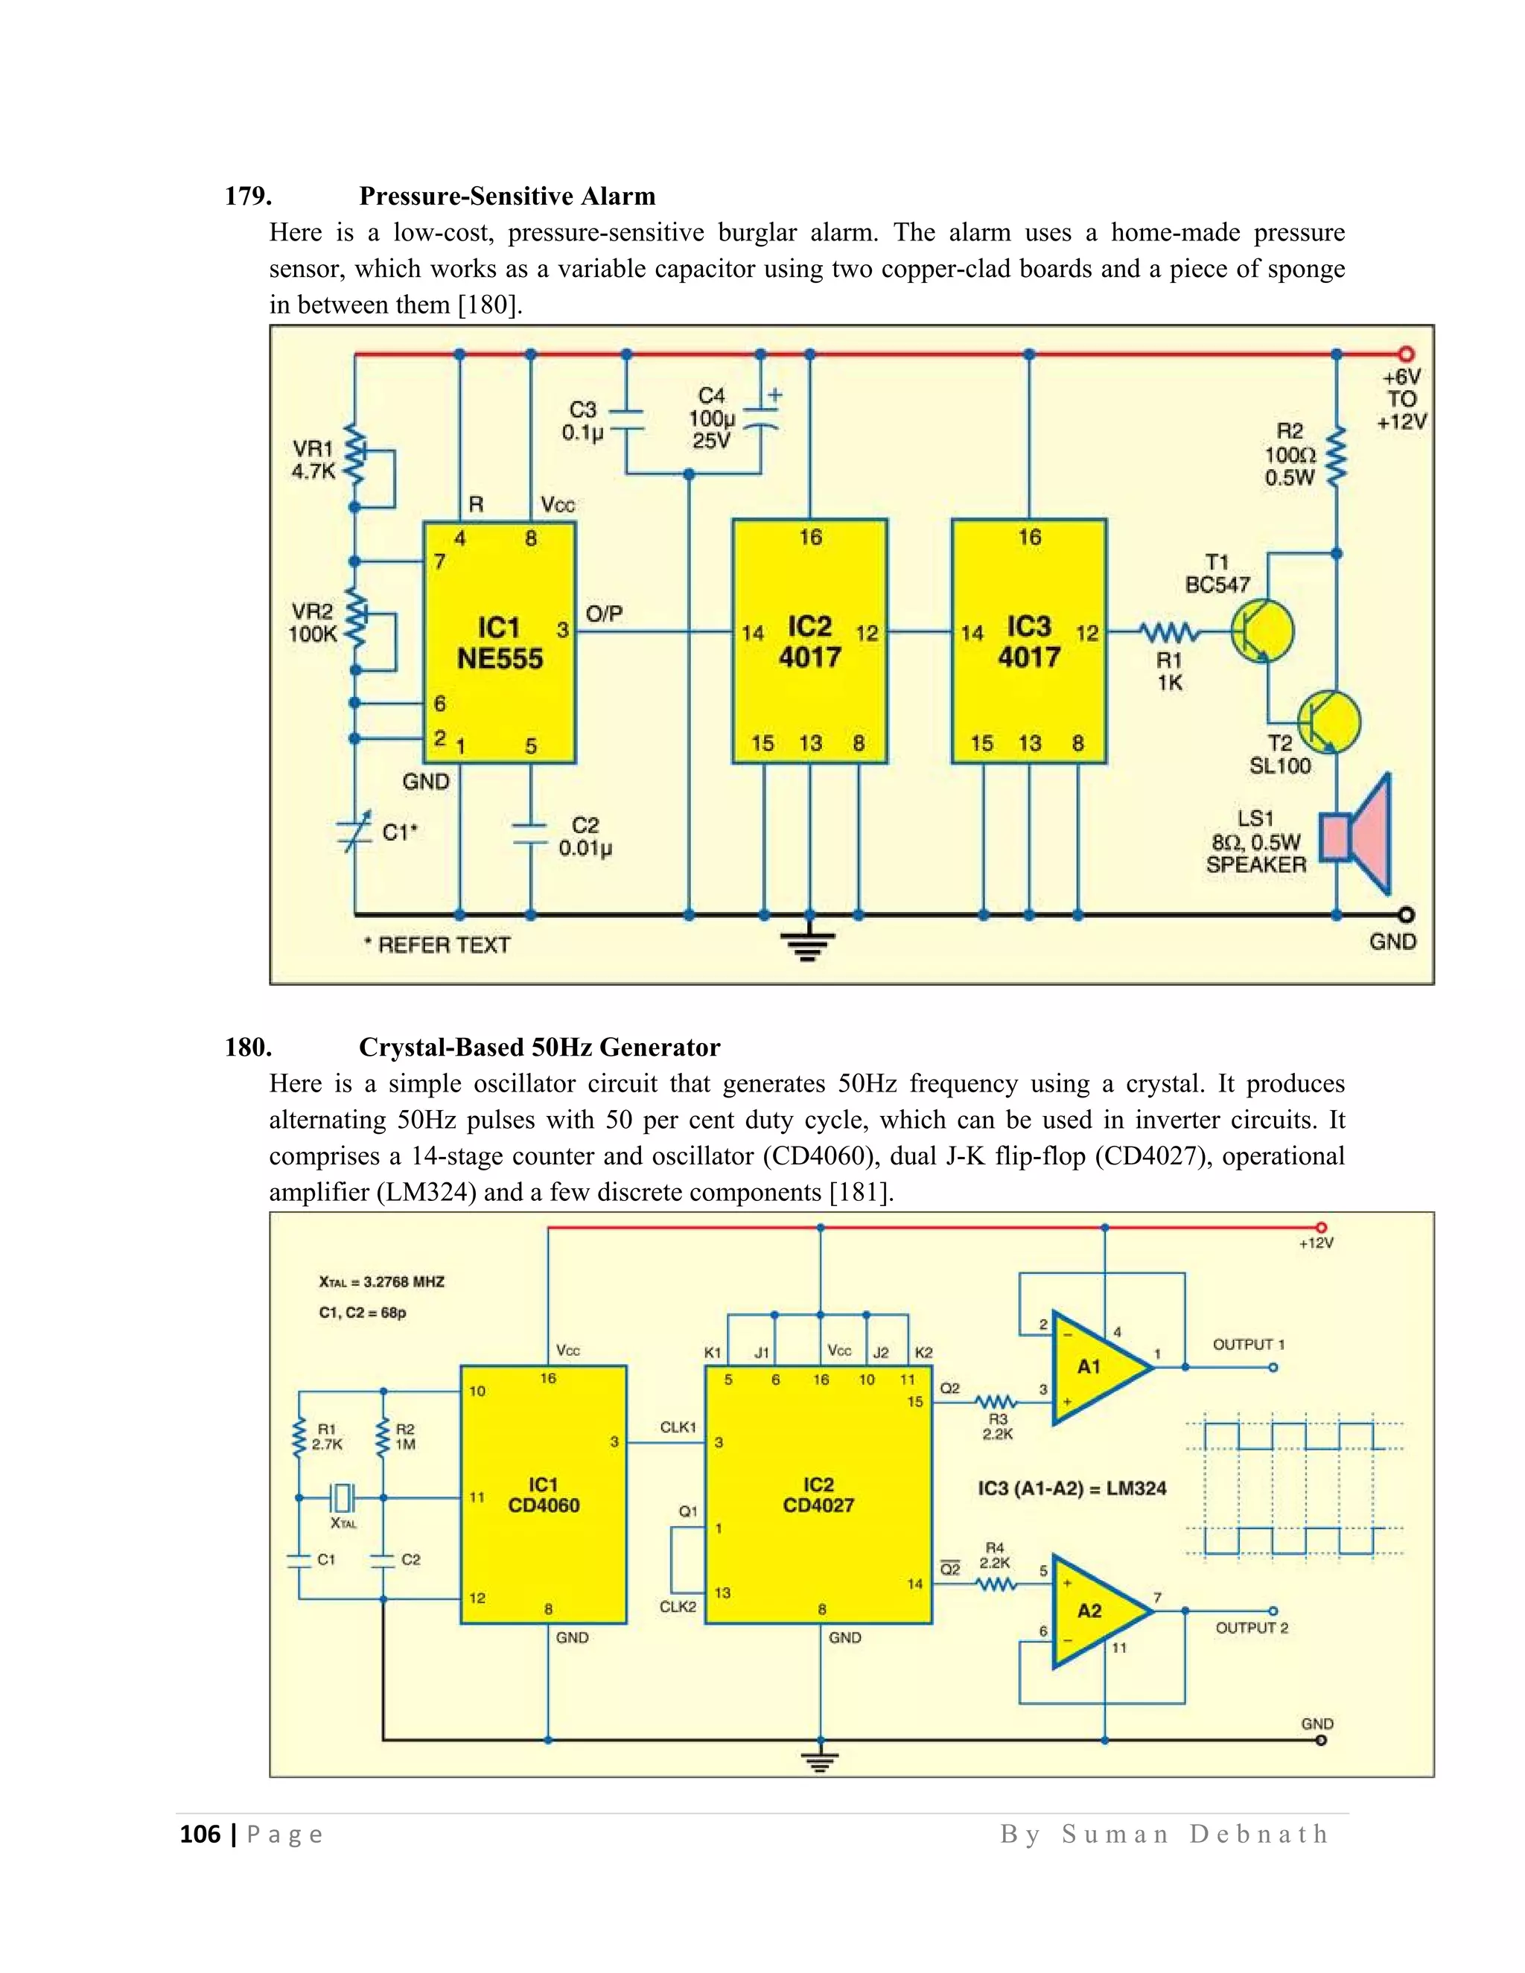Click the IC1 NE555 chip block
click(499, 643)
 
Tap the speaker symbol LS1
click(1355, 835)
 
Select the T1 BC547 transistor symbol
click(1262, 630)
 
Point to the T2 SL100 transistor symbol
click(1329, 721)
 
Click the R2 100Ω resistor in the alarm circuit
click(1336, 457)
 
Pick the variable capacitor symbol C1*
click(354, 833)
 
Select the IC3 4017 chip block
click(1029, 643)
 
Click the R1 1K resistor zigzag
click(1168, 631)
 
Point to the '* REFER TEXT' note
click(437, 945)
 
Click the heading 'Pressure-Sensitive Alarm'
click(507, 196)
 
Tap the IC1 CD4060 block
click(543, 1495)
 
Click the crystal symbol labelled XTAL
click(343, 1498)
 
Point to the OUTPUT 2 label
click(1251, 1628)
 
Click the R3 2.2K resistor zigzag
click(996, 1402)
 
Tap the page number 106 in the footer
click(200, 1835)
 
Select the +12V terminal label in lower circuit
click(1317, 1243)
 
